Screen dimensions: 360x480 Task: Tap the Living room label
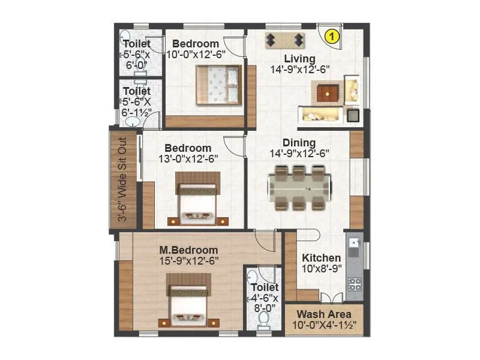[x=299, y=58]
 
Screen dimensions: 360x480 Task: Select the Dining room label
[x=299, y=143]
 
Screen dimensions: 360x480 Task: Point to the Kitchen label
[x=322, y=257]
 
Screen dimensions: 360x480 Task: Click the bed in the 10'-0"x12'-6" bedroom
[x=218, y=85]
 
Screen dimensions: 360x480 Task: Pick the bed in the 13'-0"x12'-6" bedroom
[x=197, y=199]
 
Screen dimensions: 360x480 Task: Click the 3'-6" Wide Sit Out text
[x=122, y=179]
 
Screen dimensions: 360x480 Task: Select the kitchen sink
[x=354, y=245]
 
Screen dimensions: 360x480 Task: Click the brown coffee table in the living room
[x=328, y=92]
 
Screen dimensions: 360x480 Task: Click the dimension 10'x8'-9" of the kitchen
[x=322, y=268]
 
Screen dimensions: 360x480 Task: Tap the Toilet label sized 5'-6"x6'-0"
[x=136, y=43]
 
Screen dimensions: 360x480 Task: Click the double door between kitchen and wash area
[x=332, y=298]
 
